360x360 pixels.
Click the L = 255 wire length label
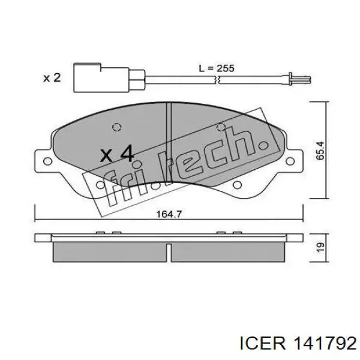click(216, 68)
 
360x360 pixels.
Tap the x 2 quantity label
click(52, 78)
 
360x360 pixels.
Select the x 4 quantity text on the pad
click(117, 153)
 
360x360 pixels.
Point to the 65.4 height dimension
click(320, 151)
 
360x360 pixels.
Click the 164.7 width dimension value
click(169, 214)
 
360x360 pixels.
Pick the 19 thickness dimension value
click(320, 247)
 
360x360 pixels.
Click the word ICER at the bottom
click(263, 343)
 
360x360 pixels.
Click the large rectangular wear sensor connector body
click(101, 78)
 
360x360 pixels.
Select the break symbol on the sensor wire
click(217, 80)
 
